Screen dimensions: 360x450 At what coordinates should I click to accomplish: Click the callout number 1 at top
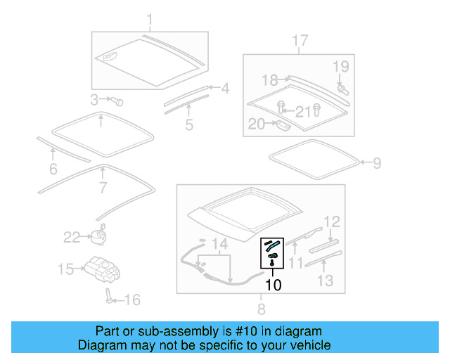click(148, 18)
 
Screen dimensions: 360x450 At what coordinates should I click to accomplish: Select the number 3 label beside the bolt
click(94, 99)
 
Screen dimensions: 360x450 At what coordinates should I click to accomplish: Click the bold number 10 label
click(273, 285)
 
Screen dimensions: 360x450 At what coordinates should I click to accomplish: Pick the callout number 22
click(72, 237)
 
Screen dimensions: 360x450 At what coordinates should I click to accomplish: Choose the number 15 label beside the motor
click(65, 269)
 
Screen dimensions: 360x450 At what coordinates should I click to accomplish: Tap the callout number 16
click(131, 300)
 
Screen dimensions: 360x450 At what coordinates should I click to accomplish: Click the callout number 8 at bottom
click(261, 308)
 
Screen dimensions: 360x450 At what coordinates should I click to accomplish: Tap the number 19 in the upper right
click(340, 67)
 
